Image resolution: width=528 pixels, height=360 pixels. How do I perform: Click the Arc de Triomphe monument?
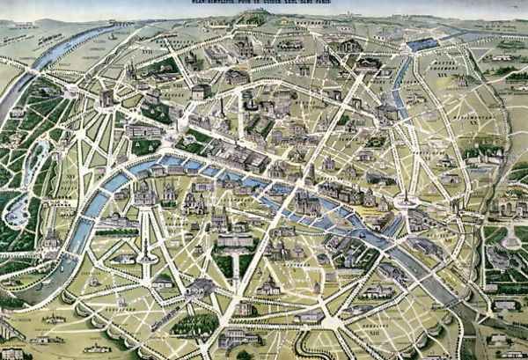tap(107, 98)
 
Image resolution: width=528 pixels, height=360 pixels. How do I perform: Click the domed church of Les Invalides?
tap(145, 193)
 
